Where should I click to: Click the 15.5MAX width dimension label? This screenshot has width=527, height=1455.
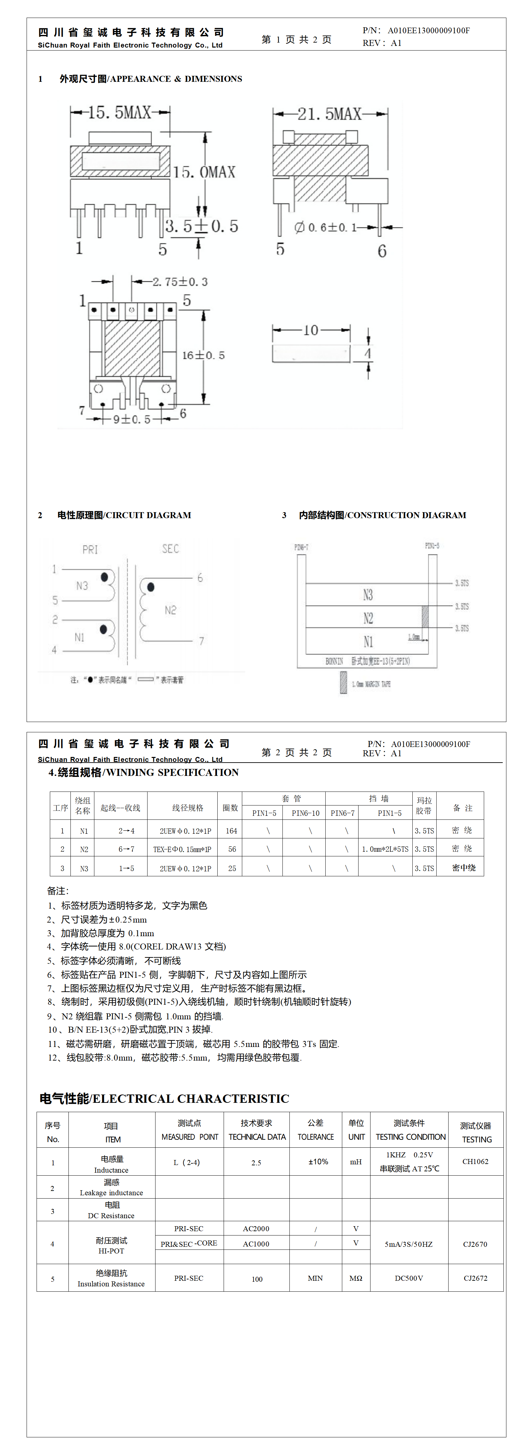point(120,112)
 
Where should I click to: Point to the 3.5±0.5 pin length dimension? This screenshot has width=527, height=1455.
point(202,226)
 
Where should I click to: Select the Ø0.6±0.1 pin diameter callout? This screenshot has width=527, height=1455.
point(326,227)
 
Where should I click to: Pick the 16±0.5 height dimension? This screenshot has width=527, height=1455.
point(203,355)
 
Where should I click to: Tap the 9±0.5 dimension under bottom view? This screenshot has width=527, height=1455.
point(132,419)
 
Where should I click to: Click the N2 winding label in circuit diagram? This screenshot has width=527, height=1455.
point(170,610)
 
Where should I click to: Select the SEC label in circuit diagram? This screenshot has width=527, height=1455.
point(170,548)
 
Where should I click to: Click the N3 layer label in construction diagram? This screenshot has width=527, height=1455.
point(368,595)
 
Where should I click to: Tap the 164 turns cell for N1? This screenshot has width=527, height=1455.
point(231,831)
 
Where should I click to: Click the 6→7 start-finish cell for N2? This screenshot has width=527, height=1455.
point(126,849)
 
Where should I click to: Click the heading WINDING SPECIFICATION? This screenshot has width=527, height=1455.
point(143,772)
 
